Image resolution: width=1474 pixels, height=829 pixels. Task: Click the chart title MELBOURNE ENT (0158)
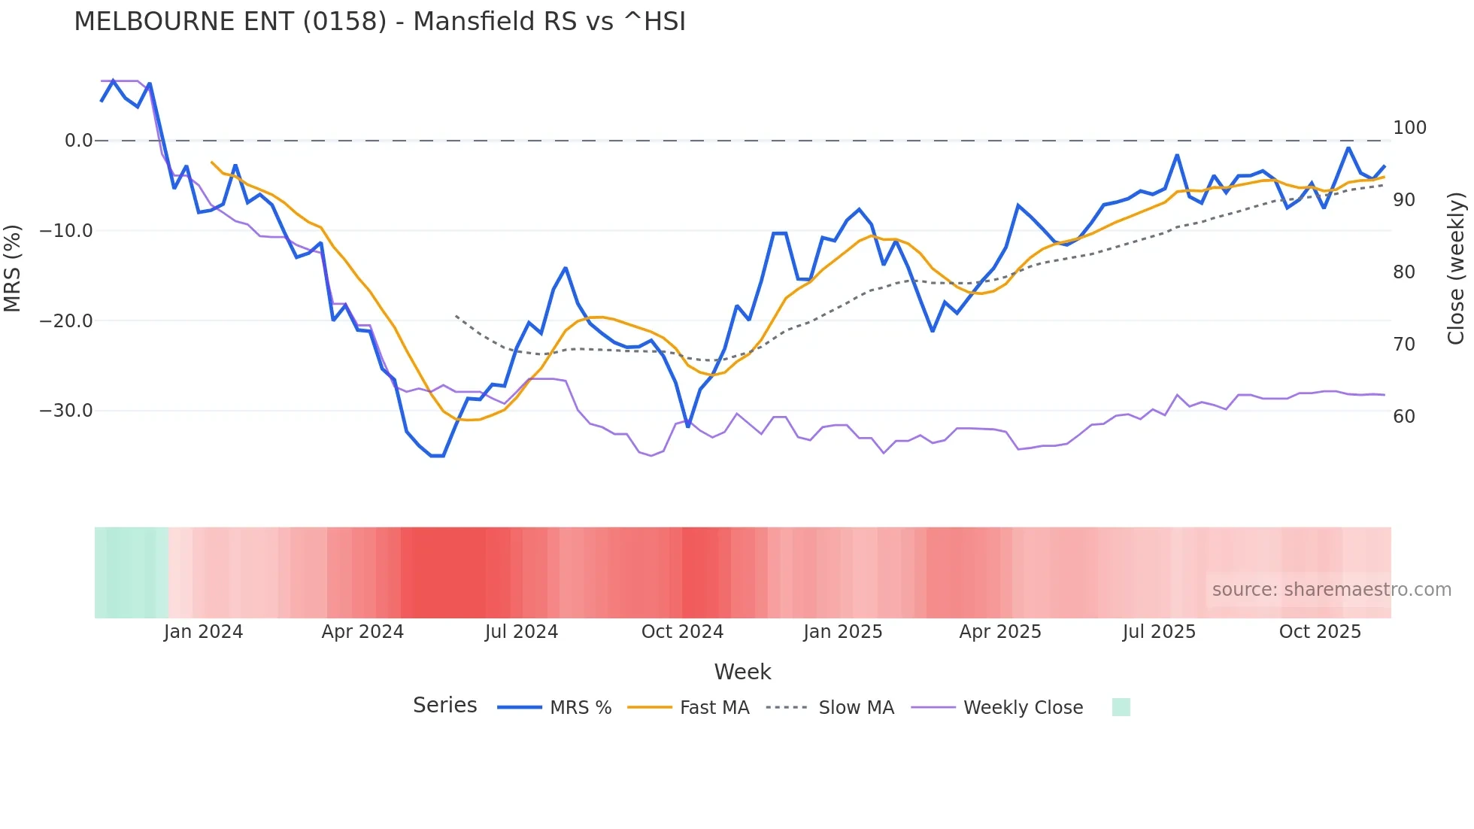379,22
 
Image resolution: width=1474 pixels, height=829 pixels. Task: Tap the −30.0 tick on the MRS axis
66,411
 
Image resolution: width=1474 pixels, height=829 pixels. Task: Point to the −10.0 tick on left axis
66,231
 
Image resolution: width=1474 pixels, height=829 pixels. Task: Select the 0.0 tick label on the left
78,141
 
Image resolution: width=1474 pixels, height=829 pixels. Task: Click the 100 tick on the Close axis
1409,128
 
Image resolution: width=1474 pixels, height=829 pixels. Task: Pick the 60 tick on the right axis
1404,417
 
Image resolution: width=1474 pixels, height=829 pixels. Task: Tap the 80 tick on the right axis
1404,272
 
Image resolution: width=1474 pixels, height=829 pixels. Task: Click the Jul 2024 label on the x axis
521,632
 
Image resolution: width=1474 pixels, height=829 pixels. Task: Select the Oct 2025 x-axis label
1320,632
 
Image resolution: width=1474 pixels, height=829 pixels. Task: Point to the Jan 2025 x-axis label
842,632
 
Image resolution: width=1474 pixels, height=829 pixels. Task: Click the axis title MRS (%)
13,269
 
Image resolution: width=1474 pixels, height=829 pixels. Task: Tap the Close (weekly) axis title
1456,269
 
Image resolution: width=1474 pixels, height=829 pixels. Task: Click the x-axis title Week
742,672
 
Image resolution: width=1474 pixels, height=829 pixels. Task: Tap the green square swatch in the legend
1121,707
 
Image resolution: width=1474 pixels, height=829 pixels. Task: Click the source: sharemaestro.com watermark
1331,590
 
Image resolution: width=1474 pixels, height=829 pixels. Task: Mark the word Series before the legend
444,706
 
